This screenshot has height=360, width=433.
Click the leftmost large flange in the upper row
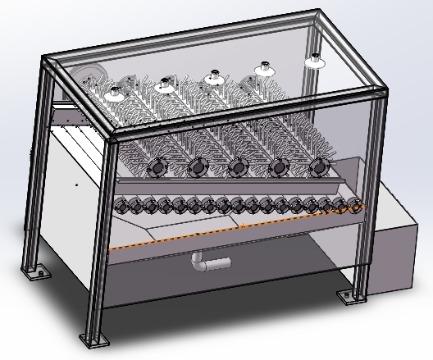(153, 168)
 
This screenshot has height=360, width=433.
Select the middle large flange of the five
(238, 167)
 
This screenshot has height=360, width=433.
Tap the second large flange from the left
(196, 168)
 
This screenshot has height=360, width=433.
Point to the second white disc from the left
(165, 82)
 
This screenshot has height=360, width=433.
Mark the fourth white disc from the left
(266, 68)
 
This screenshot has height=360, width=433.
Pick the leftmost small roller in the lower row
(124, 207)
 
